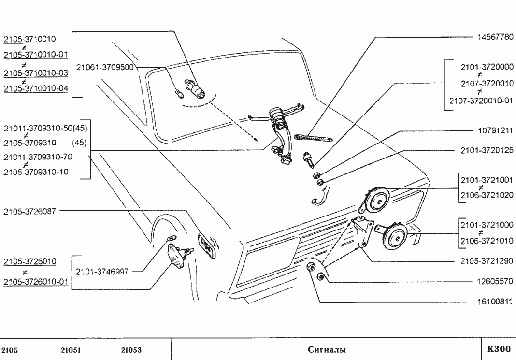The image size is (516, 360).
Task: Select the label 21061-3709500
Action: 105,67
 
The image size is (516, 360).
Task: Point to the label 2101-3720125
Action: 485,151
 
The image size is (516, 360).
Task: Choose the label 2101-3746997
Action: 102,272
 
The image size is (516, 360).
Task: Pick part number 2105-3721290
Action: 485,261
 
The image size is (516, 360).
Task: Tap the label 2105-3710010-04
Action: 36,89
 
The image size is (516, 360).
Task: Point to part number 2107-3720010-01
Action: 481,101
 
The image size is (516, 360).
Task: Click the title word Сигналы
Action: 327,350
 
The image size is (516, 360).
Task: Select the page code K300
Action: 498,349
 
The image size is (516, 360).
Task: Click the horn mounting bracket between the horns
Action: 361,232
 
